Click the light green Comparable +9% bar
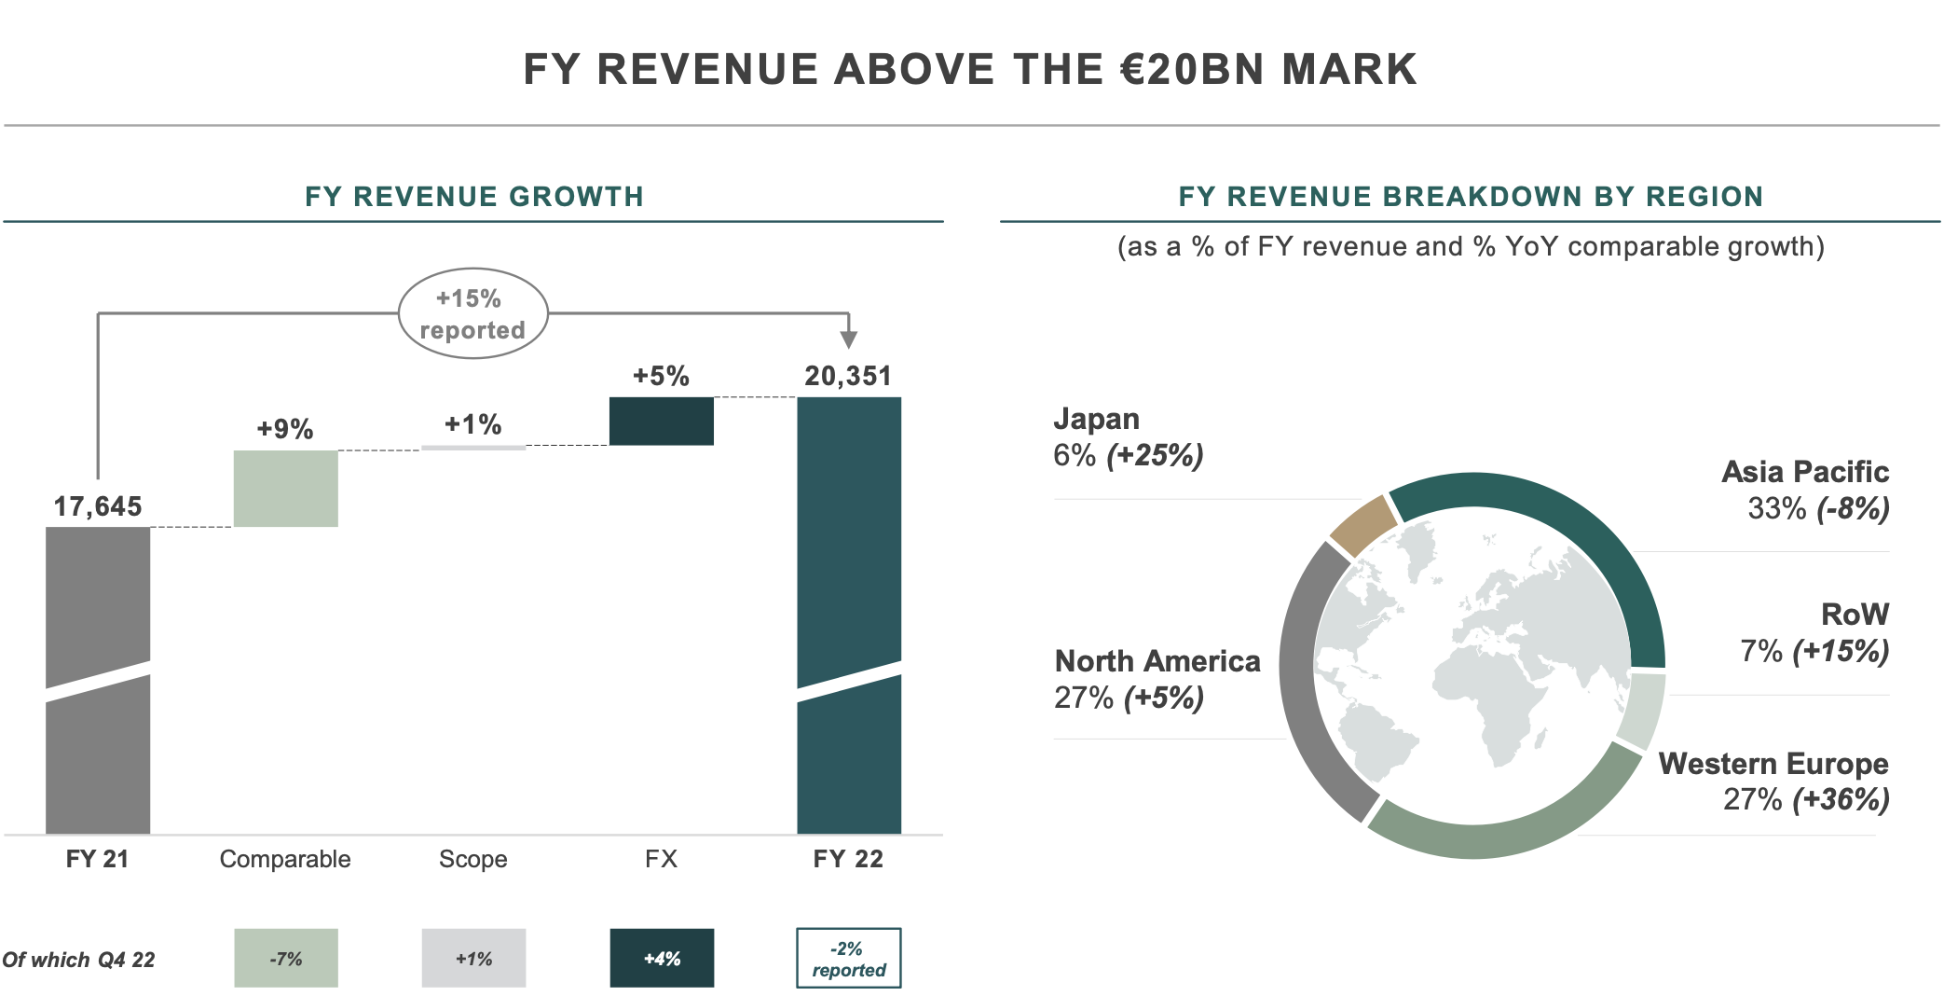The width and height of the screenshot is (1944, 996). point(285,489)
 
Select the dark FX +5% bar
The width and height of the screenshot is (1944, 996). point(661,422)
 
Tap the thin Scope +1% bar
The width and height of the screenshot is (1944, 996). point(472,448)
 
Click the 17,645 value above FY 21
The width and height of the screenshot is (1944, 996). point(98,506)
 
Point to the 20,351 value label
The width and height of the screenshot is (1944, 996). point(848,376)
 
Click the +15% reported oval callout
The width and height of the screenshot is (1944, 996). point(472,314)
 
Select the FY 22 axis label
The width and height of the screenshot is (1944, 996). point(848,859)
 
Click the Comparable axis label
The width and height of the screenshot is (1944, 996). point(285,859)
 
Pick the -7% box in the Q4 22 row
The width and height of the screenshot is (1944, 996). point(285,958)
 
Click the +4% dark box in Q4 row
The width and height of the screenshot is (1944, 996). point(662,958)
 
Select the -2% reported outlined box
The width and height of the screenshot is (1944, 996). point(848,958)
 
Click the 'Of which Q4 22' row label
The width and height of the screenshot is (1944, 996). point(78,960)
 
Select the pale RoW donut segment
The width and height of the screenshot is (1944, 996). point(1642,709)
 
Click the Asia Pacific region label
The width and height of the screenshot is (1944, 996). point(1804,472)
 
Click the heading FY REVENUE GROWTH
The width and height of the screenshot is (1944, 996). point(473,197)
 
